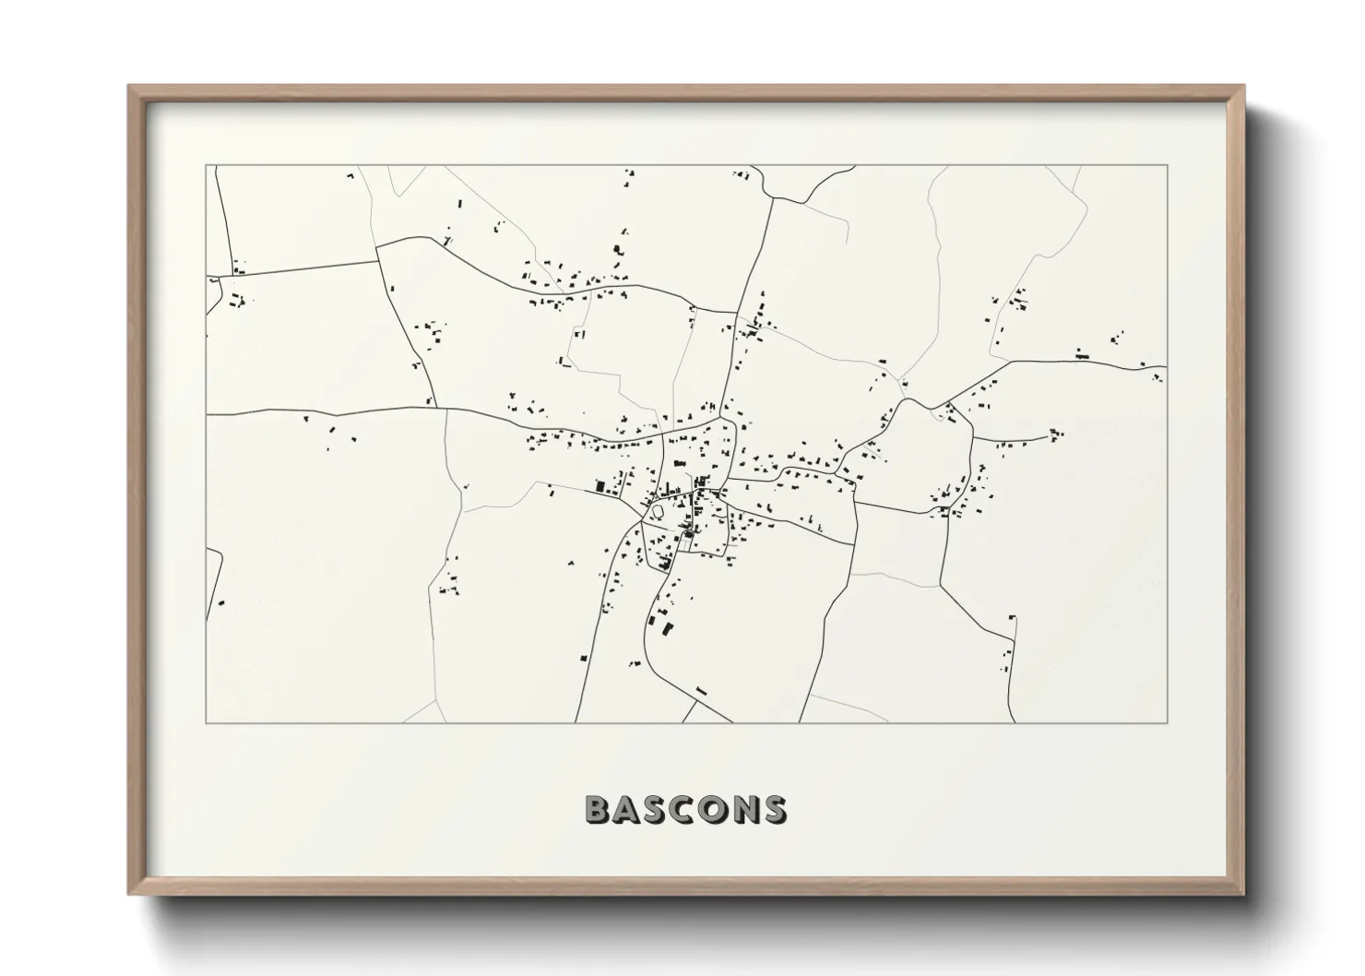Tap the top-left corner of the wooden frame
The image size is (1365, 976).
pos(130,87)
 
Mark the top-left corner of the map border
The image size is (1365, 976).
pos(206,166)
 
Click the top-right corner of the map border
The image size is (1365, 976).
pos(1168,166)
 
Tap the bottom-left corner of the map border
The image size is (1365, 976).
pos(206,722)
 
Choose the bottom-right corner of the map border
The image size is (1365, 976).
pos(1168,722)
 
